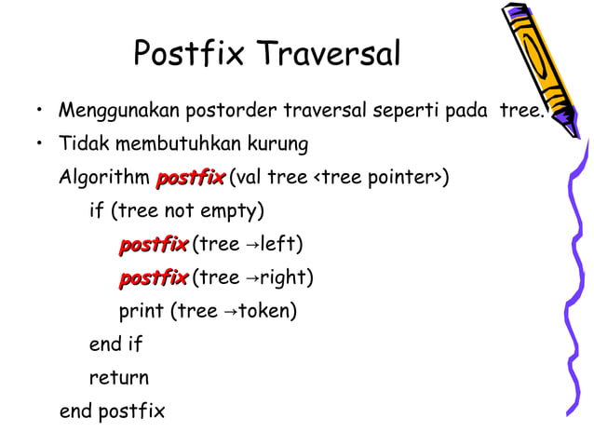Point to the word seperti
(x=406, y=112)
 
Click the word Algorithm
(x=103, y=178)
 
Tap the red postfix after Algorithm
(x=190, y=178)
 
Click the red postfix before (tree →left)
(x=153, y=245)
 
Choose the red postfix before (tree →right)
(x=153, y=278)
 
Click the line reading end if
(x=115, y=344)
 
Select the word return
(x=118, y=378)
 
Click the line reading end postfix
(x=112, y=411)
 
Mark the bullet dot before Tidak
(x=40, y=146)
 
